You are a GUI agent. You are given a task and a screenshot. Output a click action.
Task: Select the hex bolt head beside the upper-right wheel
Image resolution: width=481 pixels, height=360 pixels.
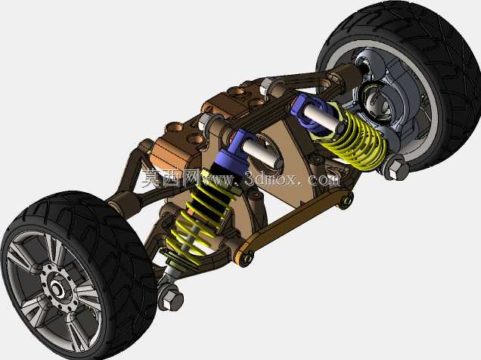396,167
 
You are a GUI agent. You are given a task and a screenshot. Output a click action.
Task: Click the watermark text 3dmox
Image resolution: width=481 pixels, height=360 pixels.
271,178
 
